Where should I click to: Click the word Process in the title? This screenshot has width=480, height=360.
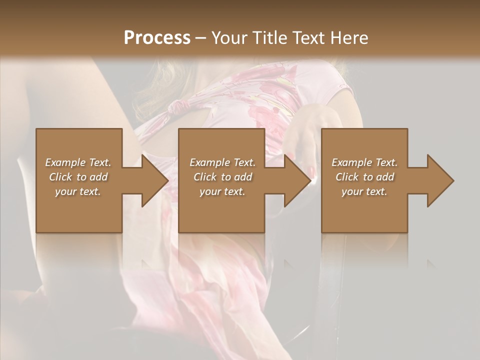[157, 38]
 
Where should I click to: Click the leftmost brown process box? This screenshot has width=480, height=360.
[79, 210]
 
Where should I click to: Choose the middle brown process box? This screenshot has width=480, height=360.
[221, 210]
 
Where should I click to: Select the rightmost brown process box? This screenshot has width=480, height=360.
[364, 210]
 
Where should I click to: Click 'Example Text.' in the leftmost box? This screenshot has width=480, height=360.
[78, 162]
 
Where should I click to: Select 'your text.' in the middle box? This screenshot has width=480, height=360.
[222, 191]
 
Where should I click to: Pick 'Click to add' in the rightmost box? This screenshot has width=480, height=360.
[365, 177]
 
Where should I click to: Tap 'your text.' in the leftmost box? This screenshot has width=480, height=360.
[78, 191]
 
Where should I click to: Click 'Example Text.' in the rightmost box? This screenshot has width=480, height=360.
[364, 162]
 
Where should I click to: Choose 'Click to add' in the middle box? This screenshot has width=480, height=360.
[222, 177]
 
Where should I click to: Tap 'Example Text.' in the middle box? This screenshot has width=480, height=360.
[222, 162]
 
